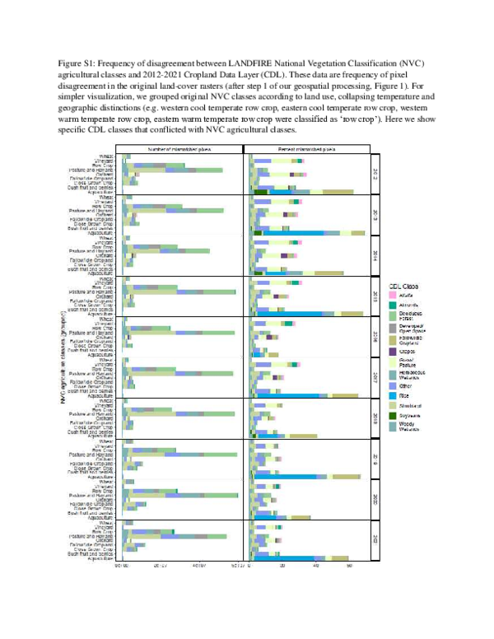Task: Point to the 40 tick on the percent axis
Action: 316,566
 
